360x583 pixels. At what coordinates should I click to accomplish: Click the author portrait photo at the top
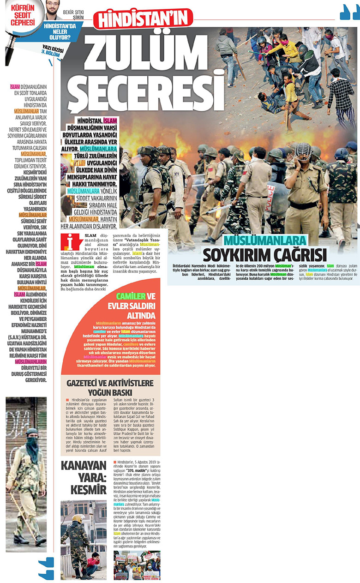[x=53, y=10]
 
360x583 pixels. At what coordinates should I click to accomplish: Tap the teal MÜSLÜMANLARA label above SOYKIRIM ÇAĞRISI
[x=265, y=241]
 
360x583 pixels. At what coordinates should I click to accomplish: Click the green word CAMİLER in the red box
[x=131, y=296]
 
